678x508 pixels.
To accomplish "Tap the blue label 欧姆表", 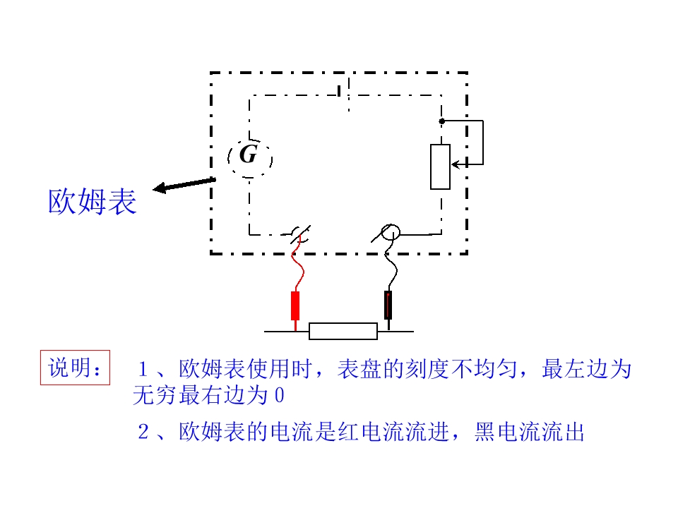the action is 92,201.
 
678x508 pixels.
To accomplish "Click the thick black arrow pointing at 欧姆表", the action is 184,185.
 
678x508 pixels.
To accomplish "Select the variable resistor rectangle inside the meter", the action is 440,167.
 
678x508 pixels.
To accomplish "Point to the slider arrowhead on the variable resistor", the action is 455,164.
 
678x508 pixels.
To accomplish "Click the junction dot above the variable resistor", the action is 441,121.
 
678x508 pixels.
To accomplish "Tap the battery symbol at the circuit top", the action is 344,92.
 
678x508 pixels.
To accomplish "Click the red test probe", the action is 295,306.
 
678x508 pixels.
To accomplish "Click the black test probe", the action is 388,305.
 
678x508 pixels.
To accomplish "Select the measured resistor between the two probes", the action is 343,332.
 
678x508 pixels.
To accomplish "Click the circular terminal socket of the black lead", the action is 391,232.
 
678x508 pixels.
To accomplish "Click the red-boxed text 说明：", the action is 76,368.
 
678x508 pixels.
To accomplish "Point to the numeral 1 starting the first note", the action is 143,369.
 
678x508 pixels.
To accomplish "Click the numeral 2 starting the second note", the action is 143,432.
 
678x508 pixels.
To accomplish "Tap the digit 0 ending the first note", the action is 280,395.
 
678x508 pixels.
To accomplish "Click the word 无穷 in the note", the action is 155,395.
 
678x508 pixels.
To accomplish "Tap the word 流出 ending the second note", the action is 563,432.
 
